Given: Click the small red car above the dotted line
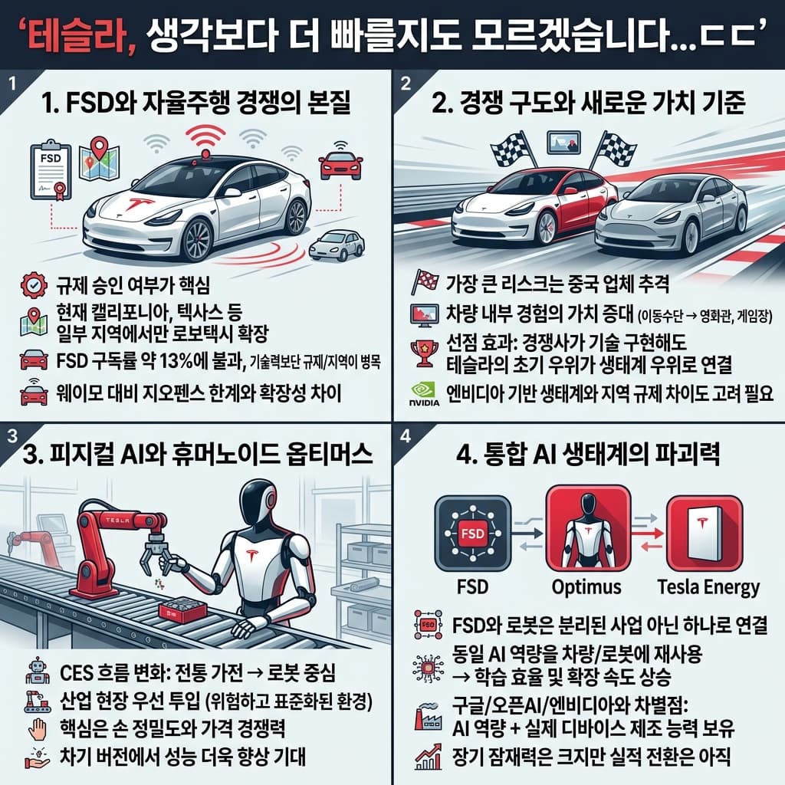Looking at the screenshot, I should (340, 163).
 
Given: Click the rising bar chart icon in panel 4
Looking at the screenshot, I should (424, 757).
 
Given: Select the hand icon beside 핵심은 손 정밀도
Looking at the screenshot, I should (36, 727).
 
